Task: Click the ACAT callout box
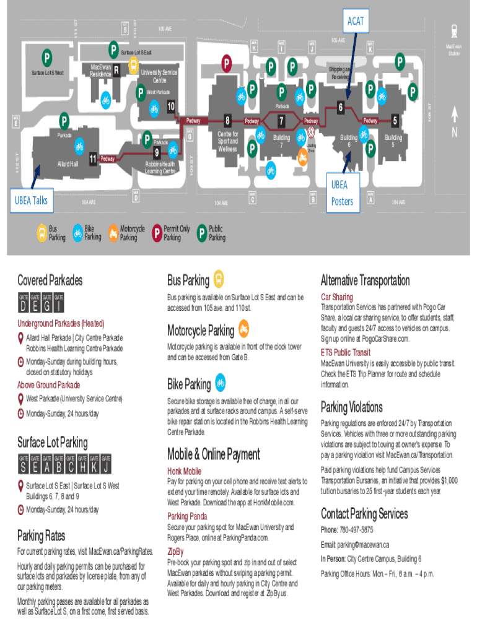[356, 21]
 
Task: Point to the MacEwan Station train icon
[455, 30]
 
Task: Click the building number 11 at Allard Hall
[92, 159]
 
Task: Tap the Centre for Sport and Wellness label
[227, 141]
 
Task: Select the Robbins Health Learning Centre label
[160, 167]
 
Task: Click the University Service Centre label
[159, 76]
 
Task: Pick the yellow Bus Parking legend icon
[40, 232]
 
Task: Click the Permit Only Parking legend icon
[157, 232]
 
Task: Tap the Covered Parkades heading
[50, 280]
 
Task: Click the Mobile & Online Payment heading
[213, 454]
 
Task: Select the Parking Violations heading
[351, 407]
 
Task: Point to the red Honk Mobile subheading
[184, 471]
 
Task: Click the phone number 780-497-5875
[356, 530]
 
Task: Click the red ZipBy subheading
[175, 550]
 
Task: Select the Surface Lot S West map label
[47, 73]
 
